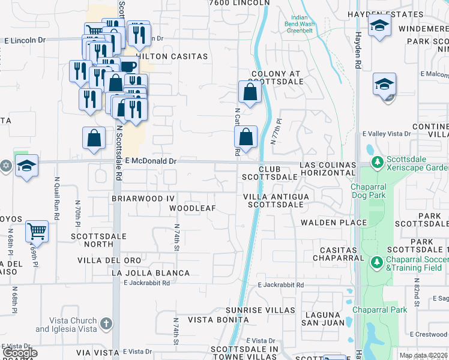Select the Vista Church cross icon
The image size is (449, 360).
(x=106, y=325)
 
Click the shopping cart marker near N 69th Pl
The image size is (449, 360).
(x=37, y=230)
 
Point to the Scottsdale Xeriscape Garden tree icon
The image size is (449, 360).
(x=378, y=162)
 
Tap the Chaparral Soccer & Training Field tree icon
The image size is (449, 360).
(x=377, y=262)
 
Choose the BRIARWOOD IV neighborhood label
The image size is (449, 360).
(x=143, y=197)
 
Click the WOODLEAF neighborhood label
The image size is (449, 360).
(x=192, y=208)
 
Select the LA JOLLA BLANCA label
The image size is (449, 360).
(x=151, y=273)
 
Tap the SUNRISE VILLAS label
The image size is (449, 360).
(x=260, y=310)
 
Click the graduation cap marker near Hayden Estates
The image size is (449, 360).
(x=379, y=25)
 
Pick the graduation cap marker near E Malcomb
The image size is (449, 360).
(x=384, y=83)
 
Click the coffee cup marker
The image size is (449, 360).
(x=127, y=67)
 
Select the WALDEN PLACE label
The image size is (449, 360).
(x=334, y=223)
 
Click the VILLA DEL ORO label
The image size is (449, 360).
(x=109, y=260)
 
